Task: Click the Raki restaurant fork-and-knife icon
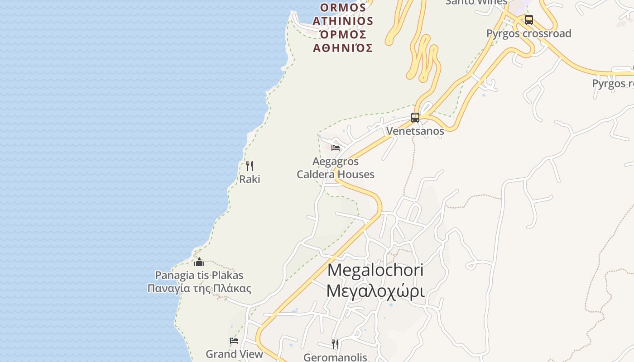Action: (x=249, y=166)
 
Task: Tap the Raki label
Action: (x=250, y=179)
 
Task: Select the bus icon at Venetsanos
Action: (x=415, y=118)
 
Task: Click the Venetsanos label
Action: (x=415, y=131)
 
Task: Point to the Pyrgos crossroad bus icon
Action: (x=529, y=20)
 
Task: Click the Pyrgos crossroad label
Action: (x=528, y=33)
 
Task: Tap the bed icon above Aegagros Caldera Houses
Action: (x=336, y=148)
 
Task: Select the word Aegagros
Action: (x=336, y=162)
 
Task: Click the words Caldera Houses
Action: (x=336, y=174)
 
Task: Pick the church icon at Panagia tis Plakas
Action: (x=199, y=262)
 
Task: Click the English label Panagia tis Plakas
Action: (x=199, y=275)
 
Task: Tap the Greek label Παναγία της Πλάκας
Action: (x=199, y=288)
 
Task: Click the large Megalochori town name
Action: (x=375, y=270)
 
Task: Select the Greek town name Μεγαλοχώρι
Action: (x=375, y=291)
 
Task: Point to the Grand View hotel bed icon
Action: (x=234, y=341)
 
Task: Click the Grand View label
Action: (x=234, y=354)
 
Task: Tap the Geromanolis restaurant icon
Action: (x=335, y=344)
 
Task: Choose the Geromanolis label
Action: (x=335, y=357)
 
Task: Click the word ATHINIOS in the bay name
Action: (x=343, y=21)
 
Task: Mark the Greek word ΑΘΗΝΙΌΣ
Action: (x=343, y=48)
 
